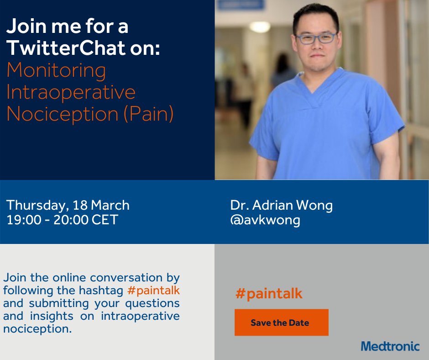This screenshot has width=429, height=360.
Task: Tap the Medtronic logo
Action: point(390,346)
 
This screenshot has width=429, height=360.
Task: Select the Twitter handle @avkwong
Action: point(265,220)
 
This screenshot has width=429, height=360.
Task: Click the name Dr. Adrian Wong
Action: point(281,205)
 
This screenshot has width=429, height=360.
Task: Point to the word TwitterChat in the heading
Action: point(66,49)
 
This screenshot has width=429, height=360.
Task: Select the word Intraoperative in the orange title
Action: point(71,92)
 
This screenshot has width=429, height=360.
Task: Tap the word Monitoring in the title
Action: point(56,70)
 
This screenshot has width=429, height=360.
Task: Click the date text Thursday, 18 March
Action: point(68,205)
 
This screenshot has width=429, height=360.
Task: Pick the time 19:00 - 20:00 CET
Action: point(62,220)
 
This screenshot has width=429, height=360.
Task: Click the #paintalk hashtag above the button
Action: point(269,293)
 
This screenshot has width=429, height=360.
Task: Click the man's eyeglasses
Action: point(316,38)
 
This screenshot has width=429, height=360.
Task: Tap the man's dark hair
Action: point(315,14)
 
